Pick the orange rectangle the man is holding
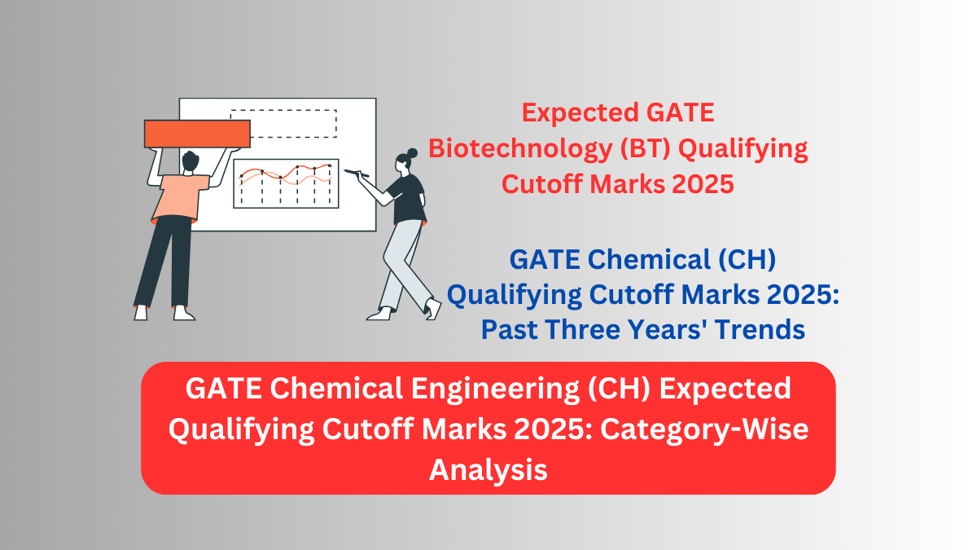[x=196, y=134]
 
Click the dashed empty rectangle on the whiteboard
[x=283, y=123]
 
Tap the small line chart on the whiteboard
[x=286, y=183]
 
